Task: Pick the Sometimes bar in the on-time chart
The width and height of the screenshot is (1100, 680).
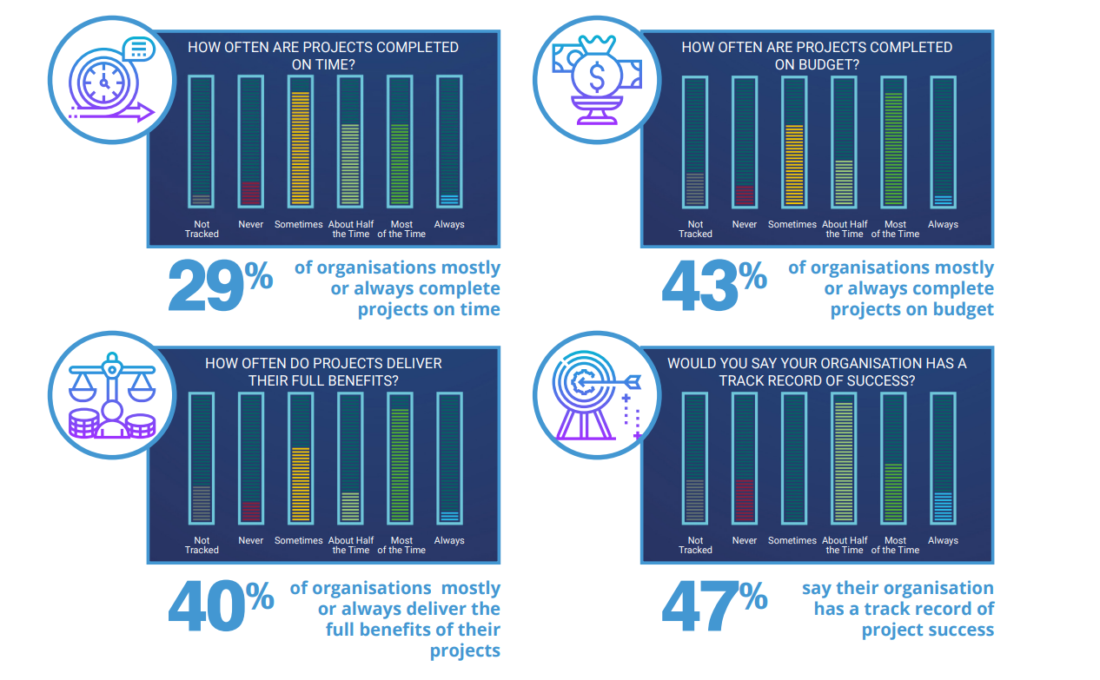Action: click(300, 141)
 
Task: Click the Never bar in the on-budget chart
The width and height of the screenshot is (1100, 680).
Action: click(745, 141)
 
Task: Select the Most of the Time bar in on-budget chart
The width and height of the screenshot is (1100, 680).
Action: click(893, 141)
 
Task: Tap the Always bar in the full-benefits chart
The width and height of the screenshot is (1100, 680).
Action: click(449, 458)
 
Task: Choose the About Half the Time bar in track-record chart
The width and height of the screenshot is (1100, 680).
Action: click(844, 458)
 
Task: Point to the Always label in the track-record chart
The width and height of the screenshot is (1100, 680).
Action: click(943, 540)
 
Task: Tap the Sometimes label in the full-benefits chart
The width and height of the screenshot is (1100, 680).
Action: click(299, 540)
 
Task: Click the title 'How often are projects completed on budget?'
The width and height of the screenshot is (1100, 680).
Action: click(817, 55)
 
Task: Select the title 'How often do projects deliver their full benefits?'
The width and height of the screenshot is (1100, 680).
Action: click(323, 371)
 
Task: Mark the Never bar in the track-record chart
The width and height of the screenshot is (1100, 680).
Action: click(745, 458)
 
